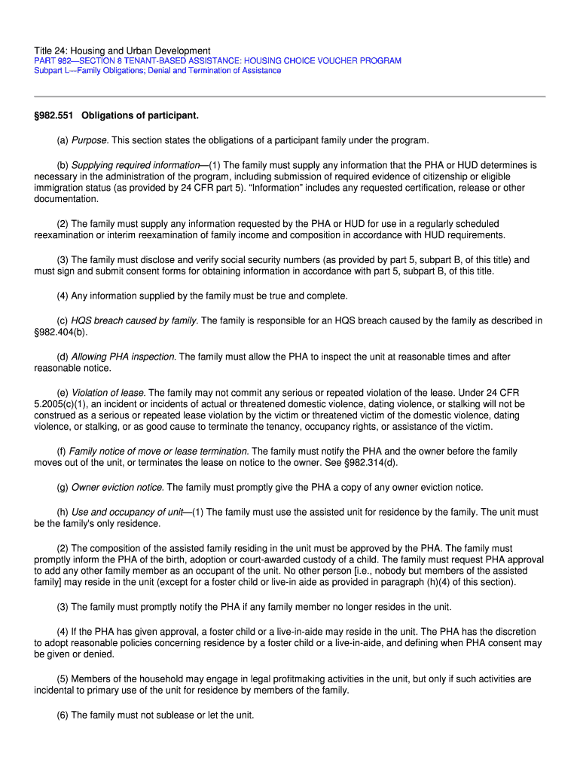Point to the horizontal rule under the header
pyautogui.click(x=289, y=96)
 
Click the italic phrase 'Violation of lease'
pyautogui.click(x=108, y=393)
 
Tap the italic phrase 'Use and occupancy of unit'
pyautogui.click(x=127, y=512)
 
